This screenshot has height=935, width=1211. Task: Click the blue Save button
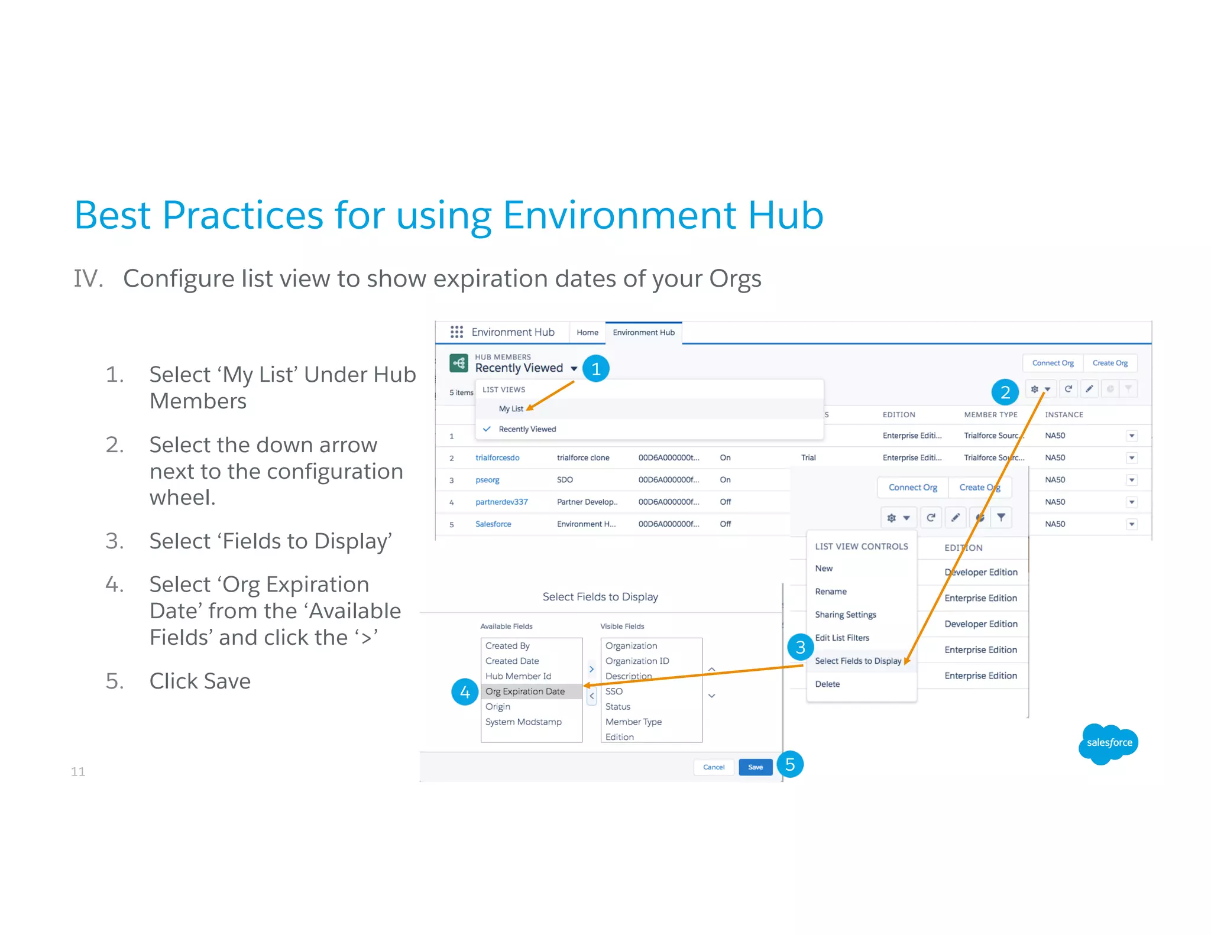[755, 767]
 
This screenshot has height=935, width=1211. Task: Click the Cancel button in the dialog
[713, 767]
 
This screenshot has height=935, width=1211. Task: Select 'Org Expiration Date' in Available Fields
[525, 691]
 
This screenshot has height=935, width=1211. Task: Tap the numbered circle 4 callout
[465, 692]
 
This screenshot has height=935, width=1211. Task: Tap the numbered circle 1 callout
[595, 369]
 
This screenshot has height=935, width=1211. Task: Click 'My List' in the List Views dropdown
[511, 409]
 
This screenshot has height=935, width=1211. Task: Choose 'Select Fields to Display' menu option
[857, 661]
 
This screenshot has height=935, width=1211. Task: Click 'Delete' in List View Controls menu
[827, 684]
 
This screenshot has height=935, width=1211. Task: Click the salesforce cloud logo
[1109, 742]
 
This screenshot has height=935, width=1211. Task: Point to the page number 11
[78, 771]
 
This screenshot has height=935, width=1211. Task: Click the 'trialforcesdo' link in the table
[497, 458]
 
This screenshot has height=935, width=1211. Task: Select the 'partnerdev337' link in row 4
[501, 502]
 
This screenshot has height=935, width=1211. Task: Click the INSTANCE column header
[1064, 415]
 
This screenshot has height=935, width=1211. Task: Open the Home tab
[587, 333]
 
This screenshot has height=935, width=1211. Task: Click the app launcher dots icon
[456, 332]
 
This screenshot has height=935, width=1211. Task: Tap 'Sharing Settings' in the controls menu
[845, 615]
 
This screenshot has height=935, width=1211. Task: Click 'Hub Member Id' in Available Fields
[518, 676]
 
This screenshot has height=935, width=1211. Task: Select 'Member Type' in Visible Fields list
[633, 722]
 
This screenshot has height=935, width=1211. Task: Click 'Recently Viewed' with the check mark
[527, 429]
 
